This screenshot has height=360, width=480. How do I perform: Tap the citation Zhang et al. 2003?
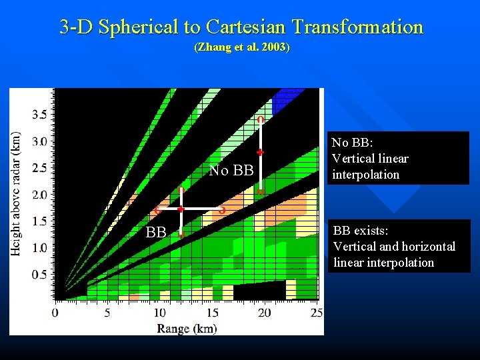click(241, 48)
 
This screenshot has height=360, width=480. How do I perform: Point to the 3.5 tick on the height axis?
click(40, 115)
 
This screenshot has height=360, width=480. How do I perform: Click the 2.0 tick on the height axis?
click(40, 195)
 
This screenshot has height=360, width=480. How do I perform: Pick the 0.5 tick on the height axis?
click(40, 275)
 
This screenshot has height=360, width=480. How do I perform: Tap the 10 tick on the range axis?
click(160, 313)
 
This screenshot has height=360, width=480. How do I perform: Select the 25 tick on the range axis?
click(317, 313)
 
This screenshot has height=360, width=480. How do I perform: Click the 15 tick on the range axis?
click(212, 313)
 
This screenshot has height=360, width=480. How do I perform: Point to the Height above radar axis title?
click(16, 193)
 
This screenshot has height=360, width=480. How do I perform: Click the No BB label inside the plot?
click(231, 171)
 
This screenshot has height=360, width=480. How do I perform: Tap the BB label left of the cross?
click(156, 233)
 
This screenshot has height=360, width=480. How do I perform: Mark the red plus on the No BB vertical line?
click(260, 153)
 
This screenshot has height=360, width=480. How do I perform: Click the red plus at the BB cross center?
click(181, 209)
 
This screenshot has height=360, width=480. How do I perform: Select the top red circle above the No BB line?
click(260, 120)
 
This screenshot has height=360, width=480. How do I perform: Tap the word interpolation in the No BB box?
click(365, 175)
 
